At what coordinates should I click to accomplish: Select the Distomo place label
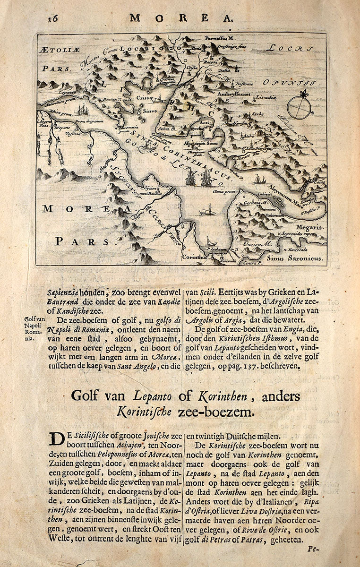[244, 84]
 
